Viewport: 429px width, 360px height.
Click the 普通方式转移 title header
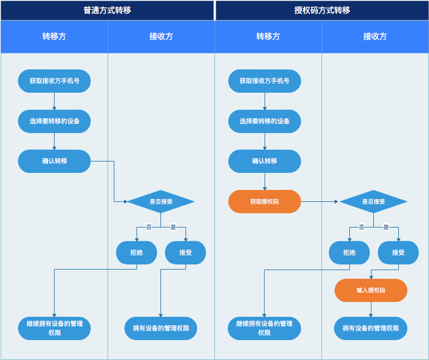tap(107, 10)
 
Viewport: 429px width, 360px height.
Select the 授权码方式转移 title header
tap(322, 10)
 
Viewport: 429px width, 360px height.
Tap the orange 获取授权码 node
tap(265, 201)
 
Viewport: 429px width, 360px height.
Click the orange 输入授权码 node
tap(370, 290)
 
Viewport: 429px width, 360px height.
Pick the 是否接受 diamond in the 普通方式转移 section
tap(160, 201)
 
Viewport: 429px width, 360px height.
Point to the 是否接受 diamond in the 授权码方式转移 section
tap(373, 201)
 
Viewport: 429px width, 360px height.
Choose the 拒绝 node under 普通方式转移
tap(137, 253)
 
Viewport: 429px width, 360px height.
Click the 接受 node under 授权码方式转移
tap(398, 253)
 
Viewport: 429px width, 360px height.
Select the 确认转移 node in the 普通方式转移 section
tap(55, 161)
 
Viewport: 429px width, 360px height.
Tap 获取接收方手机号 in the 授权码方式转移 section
tap(265, 81)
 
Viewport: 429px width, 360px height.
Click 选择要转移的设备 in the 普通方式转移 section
tap(55, 121)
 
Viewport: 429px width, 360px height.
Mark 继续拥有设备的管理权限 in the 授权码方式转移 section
tap(265, 328)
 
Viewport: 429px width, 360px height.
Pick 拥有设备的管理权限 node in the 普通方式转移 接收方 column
tap(161, 328)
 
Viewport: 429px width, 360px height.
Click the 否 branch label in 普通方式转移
tap(148, 227)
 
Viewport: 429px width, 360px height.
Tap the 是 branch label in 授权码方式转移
tap(386, 227)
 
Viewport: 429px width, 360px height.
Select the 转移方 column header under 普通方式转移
tap(54, 36)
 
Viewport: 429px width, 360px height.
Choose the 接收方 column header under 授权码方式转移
tap(375, 36)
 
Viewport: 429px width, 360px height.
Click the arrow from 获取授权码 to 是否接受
tap(320, 201)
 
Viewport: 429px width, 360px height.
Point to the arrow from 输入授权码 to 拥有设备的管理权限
tap(371, 309)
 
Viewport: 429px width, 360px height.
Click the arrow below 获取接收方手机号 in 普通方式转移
tap(55, 101)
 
